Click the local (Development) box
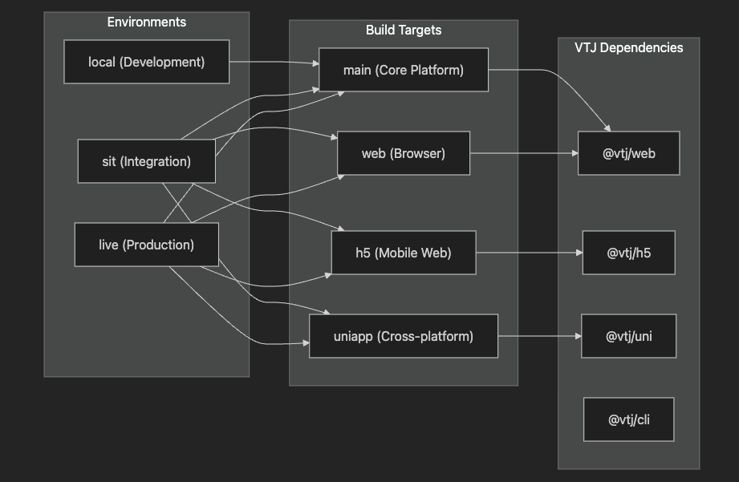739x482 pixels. (x=147, y=62)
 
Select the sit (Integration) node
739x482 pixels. (x=147, y=161)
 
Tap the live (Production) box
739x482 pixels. (x=147, y=245)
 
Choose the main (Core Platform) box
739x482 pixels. (x=404, y=70)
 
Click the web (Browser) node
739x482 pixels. (x=404, y=153)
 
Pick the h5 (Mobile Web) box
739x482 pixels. (x=404, y=253)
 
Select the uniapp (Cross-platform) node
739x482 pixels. (x=404, y=336)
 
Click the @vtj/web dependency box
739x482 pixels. (x=629, y=153)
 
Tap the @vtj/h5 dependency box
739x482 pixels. (x=629, y=253)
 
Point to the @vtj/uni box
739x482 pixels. (x=629, y=336)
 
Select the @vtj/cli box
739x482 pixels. (x=629, y=419)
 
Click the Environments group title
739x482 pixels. (x=147, y=22)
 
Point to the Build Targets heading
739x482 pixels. (x=404, y=30)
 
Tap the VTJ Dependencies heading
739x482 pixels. (x=629, y=47)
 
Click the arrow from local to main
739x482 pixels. (x=274, y=62)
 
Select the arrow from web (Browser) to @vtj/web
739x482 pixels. (x=524, y=153)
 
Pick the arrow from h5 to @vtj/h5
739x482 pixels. (x=530, y=253)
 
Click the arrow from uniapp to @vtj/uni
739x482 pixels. (x=540, y=336)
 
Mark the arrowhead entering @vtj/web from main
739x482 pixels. (x=608, y=128)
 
